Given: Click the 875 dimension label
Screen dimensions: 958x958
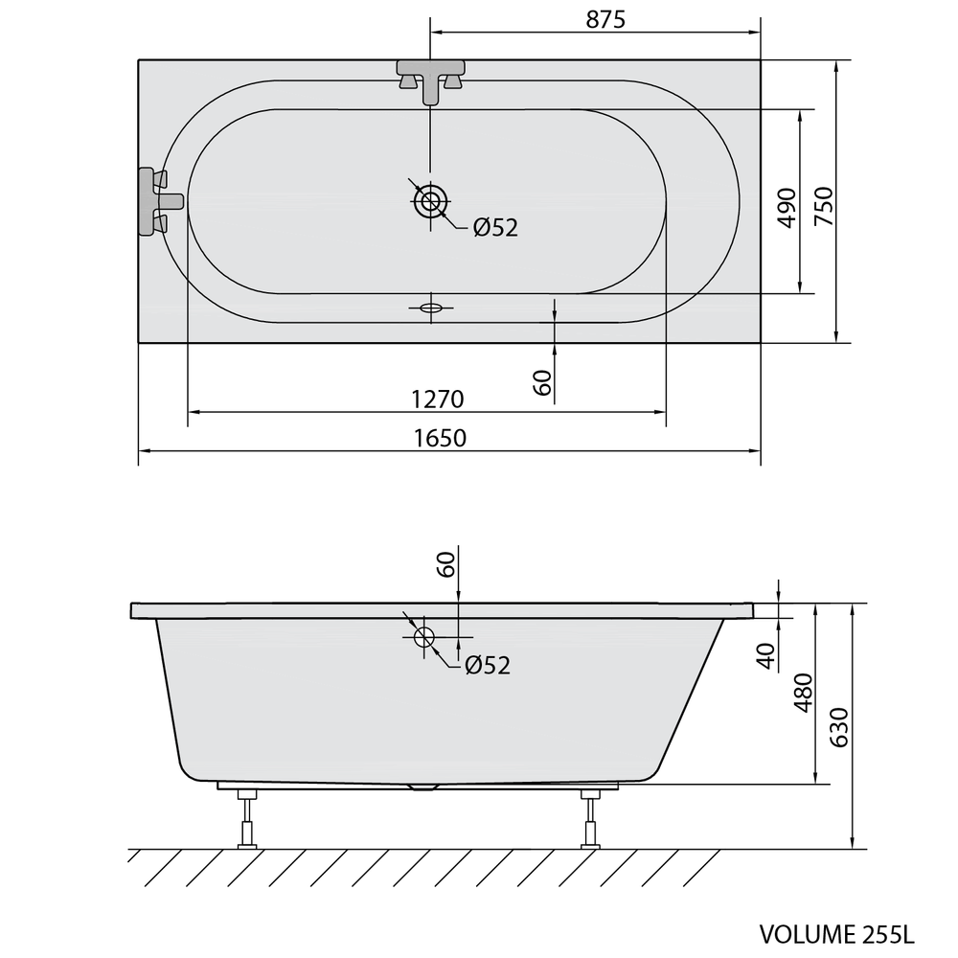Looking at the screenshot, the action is [x=605, y=19].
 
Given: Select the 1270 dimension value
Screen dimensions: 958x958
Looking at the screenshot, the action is [x=438, y=399].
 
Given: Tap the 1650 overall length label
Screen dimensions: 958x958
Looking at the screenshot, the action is [x=440, y=438].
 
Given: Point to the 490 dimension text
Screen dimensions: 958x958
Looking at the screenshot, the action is [x=787, y=208].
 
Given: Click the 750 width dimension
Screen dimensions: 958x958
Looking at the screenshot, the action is [x=824, y=206].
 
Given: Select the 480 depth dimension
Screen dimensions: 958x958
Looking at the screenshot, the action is [x=804, y=693].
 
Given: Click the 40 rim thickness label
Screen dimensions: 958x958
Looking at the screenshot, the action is [x=766, y=656].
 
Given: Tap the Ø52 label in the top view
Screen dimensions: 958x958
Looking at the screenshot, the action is [x=495, y=228].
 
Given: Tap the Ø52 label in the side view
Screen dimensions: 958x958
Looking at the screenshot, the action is [x=488, y=665].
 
